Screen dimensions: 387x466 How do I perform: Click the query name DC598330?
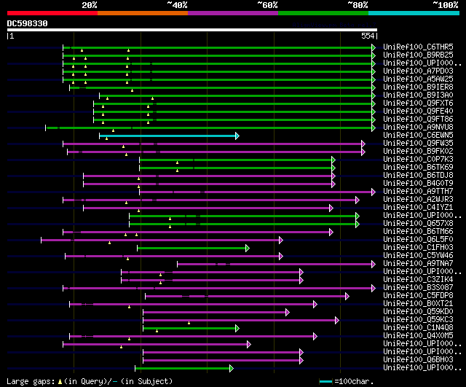(x=28, y=23)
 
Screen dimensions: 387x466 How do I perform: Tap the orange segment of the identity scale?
(x=142, y=12)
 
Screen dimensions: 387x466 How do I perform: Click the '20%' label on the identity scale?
(x=90, y=4)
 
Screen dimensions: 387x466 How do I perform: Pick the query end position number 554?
(x=368, y=36)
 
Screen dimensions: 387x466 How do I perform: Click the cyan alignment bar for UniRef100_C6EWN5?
(x=167, y=136)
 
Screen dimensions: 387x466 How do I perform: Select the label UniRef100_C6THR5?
(x=417, y=47)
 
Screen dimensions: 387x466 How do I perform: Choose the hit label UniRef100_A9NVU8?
(x=417, y=128)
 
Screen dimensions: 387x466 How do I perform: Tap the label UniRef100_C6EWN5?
(x=417, y=136)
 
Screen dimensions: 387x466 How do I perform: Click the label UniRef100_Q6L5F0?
(x=417, y=240)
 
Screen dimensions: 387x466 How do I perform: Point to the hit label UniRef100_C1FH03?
(x=417, y=248)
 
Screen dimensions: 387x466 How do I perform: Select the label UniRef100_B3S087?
(x=417, y=288)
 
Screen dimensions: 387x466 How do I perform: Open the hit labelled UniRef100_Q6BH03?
(x=417, y=360)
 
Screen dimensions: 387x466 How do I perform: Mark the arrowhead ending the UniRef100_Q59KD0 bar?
(x=288, y=312)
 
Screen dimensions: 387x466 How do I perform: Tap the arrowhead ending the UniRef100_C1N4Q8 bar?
(x=237, y=328)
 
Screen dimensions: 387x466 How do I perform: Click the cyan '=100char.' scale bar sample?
(x=325, y=381)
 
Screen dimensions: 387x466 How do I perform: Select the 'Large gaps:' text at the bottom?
(x=29, y=381)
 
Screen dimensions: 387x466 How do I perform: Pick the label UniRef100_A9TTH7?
(x=417, y=192)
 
